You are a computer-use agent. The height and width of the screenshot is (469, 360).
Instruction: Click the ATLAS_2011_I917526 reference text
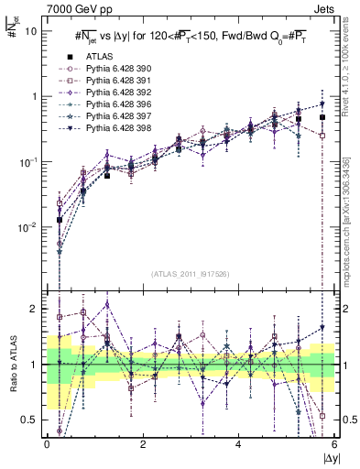coord(190,274)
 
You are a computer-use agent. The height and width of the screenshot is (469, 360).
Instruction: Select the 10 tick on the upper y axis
coord(31,30)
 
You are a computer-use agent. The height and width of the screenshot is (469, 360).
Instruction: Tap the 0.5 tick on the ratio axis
coord(29,420)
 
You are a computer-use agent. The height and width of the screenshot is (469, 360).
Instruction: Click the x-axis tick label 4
coord(238,446)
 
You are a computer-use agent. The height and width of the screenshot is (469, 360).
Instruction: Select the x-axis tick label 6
coord(333,446)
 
